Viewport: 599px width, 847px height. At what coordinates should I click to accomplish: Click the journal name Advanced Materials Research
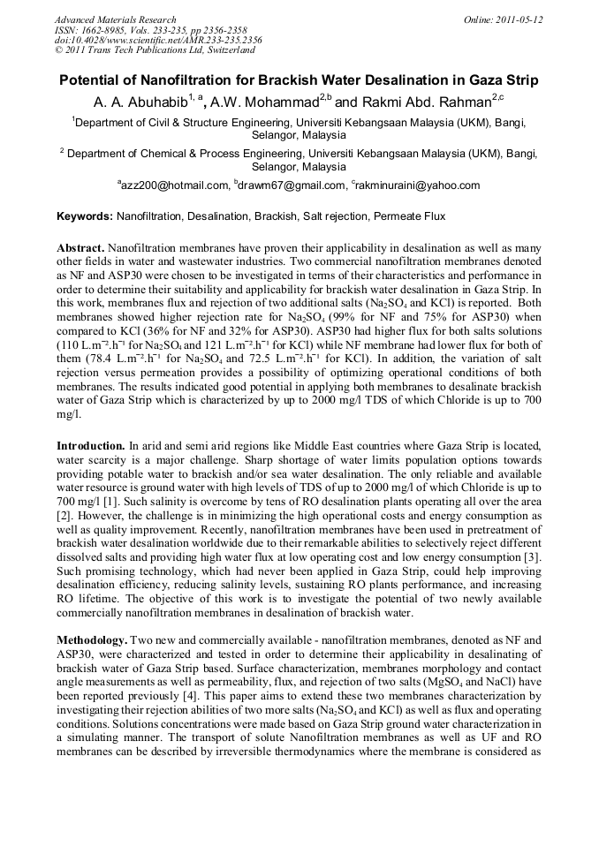[115, 19]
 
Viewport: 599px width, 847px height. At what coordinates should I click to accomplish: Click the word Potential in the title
[93, 79]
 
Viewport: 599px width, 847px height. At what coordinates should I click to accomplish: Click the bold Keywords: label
[86, 216]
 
